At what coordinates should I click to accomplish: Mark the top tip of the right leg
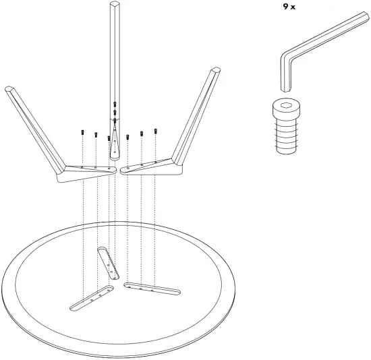pyautogui.click(x=216, y=70)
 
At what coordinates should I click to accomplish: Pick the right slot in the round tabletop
pyautogui.click(x=152, y=288)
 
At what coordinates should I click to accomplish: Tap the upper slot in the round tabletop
pyautogui.click(x=109, y=262)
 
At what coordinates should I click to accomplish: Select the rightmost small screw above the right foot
pyautogui.click(x=156, y=130)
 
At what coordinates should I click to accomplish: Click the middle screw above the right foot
pyautogui.click(x=142, y=133)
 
